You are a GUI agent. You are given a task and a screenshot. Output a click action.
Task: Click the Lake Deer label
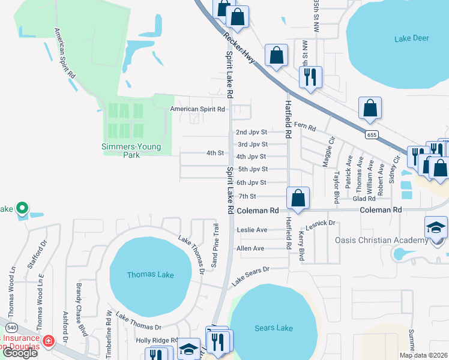click(x=412, y=38)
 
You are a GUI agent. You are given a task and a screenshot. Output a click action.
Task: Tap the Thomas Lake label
click(x=150, y=275)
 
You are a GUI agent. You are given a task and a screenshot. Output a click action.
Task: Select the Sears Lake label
click(x=273, y=328)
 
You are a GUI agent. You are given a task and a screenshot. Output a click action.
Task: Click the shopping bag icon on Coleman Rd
click(x=298, y=198)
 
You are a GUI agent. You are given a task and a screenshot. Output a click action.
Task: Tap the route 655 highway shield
click(x=372, y=135)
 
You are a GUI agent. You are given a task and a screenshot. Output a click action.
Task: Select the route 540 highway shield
click(x=11, y=328)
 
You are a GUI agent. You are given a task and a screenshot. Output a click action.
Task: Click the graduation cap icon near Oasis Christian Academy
click(x=436, y=227)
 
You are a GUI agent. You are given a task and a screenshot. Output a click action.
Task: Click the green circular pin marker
click(x=22, y=208)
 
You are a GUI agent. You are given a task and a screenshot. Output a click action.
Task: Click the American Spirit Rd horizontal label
click(x=197, y=109)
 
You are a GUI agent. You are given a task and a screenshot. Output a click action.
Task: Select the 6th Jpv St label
click(x=252, y=182)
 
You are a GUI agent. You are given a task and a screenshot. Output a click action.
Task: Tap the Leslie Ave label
click(x=252, y=230)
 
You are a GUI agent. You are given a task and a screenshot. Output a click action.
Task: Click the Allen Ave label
click(x=250, y=248)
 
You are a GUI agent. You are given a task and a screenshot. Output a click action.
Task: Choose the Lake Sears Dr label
click(x=252, y=274)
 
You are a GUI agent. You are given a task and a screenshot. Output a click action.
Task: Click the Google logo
click(x=20, y=353)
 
